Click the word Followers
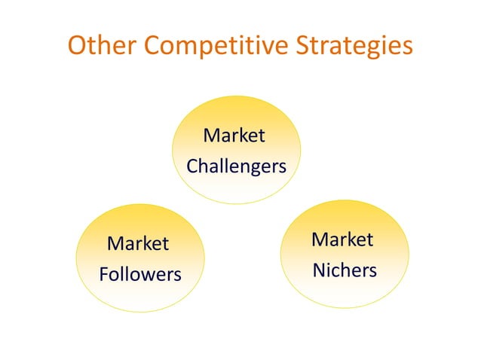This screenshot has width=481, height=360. click(140, 274)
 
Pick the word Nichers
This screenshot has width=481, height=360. click(345, 270)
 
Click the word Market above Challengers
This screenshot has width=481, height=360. click(234, 136)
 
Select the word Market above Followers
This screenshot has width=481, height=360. click(138, 244)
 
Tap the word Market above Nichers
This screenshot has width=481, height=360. click(342, 239)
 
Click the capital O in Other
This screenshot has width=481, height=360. click(78, 45)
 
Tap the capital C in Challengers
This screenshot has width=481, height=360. click(192, 166)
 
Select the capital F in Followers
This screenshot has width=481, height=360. click(103, 274)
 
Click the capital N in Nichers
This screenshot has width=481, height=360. click(319, 270)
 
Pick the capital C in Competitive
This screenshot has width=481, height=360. click(153, 45)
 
